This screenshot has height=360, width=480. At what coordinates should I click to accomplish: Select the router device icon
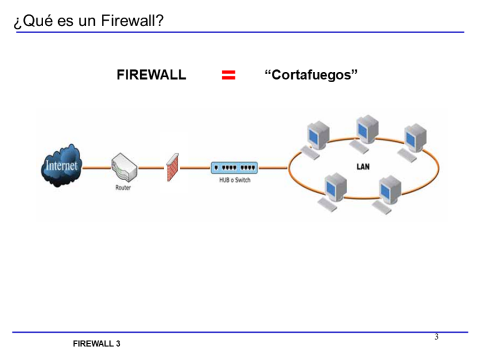coord(124,168)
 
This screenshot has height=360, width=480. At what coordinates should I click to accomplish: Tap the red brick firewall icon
coord(172,167)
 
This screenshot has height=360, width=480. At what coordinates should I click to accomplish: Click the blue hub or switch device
coord(235,167)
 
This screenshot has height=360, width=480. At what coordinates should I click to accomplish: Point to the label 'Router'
coord(123,188)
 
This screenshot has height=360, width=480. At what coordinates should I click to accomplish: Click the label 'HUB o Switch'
coord(235,180)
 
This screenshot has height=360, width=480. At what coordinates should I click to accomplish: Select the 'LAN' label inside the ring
coord(363,167)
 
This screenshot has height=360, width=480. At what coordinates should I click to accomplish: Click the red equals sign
coord(228,75)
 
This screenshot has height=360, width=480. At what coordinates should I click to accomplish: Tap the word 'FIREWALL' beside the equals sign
coord(151,75)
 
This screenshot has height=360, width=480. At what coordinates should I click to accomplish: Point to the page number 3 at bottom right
coord(436,337)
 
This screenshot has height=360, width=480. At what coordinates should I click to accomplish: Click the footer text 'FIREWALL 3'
coord(97,344)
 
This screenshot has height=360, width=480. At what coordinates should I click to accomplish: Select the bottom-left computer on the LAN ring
coord(335,191)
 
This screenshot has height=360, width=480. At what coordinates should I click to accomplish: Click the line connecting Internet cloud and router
coord(96,167)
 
